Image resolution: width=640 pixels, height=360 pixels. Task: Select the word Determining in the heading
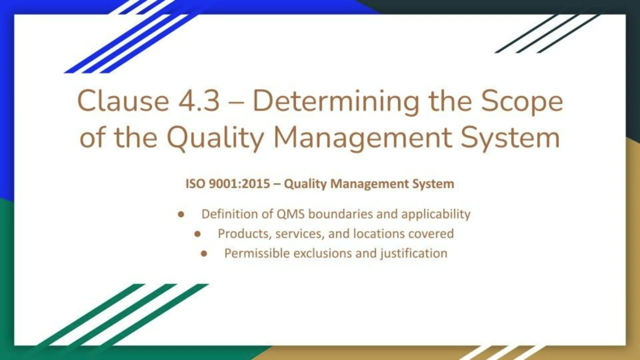point(335,101)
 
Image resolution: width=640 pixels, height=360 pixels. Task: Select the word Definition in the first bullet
point(229,214)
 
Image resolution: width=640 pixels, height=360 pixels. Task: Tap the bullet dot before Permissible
point(204,253)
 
